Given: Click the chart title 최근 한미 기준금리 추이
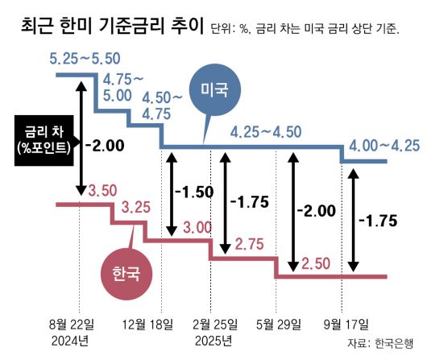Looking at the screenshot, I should [109, 29].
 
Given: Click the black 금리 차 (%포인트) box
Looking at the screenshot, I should [43, 139].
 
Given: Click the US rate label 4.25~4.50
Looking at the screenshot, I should [265, 132].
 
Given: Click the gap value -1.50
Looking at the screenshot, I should [193, 193].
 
